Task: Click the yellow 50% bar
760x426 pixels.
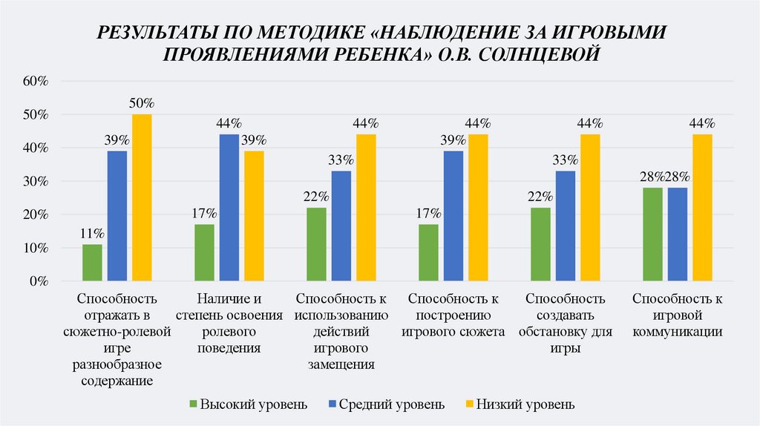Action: click(x=142, y=197)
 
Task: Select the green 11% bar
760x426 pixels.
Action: click(x=93, y=263)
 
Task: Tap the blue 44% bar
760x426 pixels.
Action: click(x=229, y=208)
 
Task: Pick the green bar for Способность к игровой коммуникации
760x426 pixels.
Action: click(x=652, y=235)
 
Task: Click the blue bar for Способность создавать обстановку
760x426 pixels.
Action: click(x=566, y=226)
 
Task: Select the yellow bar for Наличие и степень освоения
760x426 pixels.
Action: click(x=254, y=216)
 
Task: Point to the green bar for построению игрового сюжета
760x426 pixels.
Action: click(x=428, y=253)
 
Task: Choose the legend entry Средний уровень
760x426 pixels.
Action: click(x=391, y=404)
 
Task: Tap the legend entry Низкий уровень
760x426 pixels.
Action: click(x=525, y=404)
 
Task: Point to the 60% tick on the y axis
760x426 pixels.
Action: click(x=35, y=82)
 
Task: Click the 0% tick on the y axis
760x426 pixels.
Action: click(x=38, y=282)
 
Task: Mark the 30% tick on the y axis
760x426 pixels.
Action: click(x=35, y=182)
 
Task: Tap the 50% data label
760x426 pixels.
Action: click(x=142, y=102)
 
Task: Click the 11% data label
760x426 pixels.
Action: click(x=93, y=233)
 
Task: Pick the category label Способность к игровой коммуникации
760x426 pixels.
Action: click(x=677, y=315)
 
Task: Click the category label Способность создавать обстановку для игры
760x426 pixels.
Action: click(x=566, y=324)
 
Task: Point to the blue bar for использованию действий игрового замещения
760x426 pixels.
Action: click(x=341, y=226)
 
